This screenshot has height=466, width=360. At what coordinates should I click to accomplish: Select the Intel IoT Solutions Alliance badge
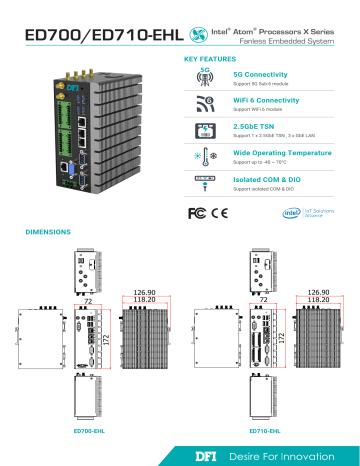point(304,213)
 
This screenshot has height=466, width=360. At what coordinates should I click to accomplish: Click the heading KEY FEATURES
point(210,59)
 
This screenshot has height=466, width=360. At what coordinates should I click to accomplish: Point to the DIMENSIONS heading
point(46,231)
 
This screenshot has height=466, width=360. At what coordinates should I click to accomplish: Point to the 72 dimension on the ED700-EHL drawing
point(87,299)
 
